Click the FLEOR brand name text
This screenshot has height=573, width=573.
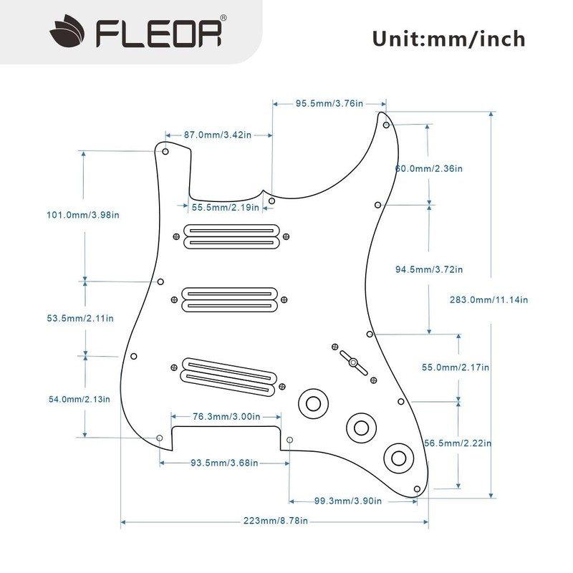(158, 34)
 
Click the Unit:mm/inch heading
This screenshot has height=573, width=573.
(449, 39)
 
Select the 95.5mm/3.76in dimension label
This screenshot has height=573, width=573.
(329, 103)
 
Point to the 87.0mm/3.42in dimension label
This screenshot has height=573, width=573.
(218, 135)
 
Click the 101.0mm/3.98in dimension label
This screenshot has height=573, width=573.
(83, 215)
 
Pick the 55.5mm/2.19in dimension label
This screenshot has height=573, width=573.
(226, 207)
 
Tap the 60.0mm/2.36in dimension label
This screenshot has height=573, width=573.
(428, 168)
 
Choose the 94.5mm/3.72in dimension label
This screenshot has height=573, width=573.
(429, 269)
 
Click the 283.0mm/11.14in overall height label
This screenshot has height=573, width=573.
(488, 299)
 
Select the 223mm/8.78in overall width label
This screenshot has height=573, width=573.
(276, 521)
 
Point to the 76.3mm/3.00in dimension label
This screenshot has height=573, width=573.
(226, 416)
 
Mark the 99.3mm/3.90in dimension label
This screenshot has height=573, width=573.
(348, 501)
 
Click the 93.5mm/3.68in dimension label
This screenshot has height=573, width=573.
(224, 463)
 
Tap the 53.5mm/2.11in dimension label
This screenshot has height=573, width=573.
(80, 318)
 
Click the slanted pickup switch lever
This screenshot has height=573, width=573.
(353, 362)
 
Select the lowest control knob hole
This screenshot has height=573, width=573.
(399, 458)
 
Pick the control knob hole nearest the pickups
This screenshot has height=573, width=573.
(313, 404)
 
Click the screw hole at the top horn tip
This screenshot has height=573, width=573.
(386, 125)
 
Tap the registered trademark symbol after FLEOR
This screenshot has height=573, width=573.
(223, 18)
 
